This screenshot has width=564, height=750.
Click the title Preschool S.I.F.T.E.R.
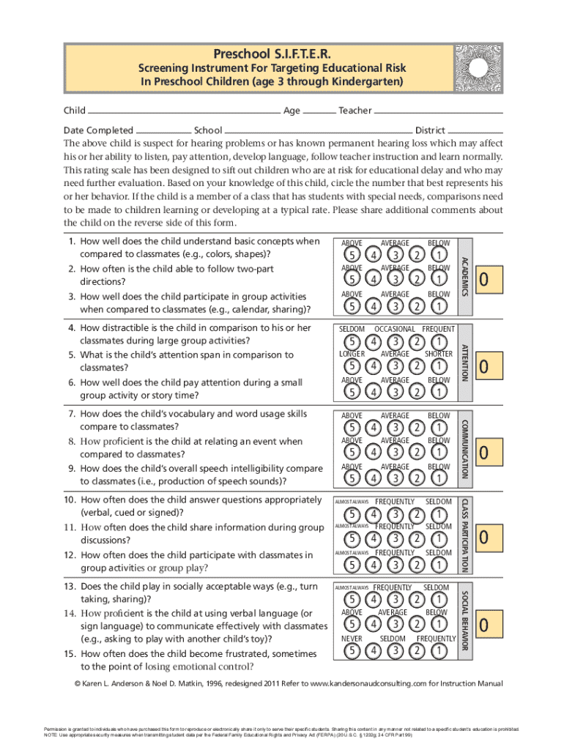pyautogui.click(x=271, y=53)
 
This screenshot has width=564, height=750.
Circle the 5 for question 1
pyautogui.click(x=354, y=254)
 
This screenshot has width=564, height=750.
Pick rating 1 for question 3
pyautogui.click(x=438, y=305)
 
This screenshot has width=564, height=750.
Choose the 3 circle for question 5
pyautogui.click(x=396, y=366)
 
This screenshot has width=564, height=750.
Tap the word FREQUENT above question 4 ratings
pyautogui.click(x=438, y=330)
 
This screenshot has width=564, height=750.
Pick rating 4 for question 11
pyautogui.click(x=375, y=538)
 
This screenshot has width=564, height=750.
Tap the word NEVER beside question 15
pyautogui.click(x=352, y=639)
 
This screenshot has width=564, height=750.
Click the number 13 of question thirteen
pyautogui.click(x=70, y=587)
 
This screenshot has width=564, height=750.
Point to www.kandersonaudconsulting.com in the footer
pyautogui.click(x=363, y=683)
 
